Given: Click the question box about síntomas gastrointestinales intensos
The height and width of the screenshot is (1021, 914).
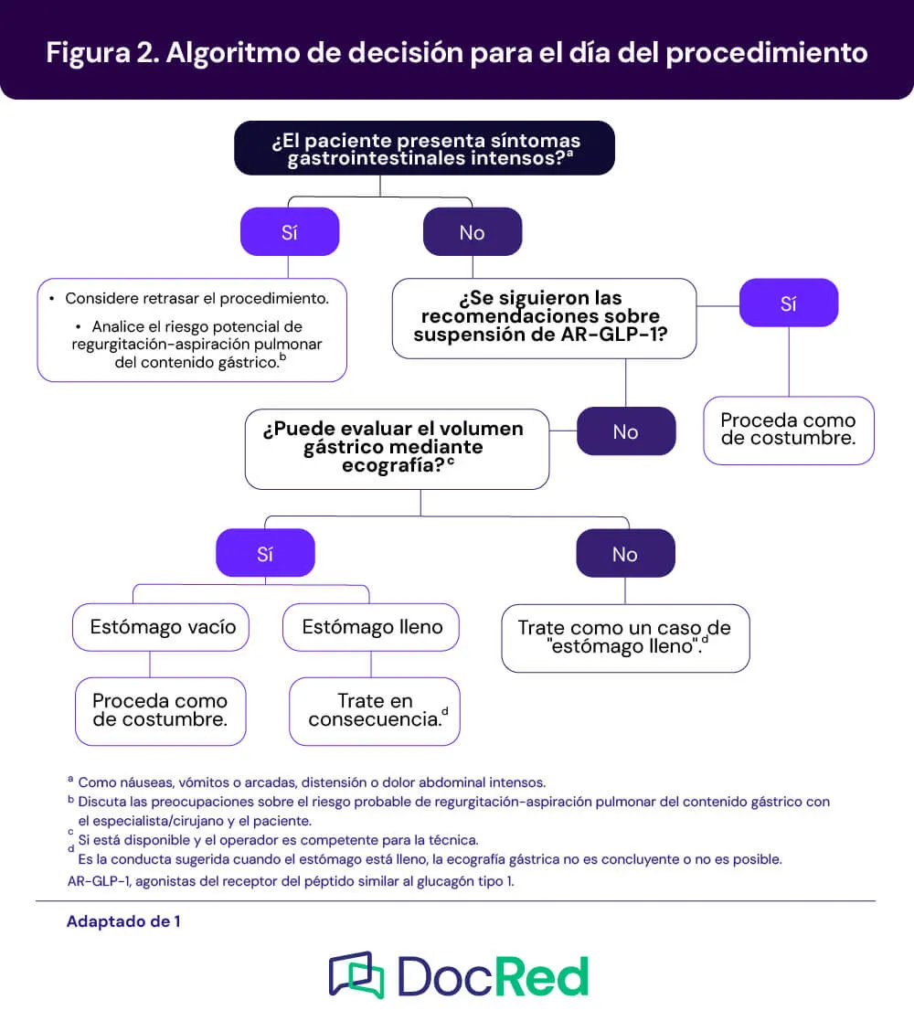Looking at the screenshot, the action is point(424,148).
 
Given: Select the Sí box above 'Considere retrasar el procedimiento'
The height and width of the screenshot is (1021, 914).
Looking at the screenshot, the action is point(290,232).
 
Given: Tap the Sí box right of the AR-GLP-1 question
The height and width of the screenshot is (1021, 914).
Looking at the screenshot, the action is point(789,303).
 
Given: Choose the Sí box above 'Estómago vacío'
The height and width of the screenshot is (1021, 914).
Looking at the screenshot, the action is point(265,553).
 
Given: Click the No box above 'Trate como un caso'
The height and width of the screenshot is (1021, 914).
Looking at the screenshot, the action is point(625,553).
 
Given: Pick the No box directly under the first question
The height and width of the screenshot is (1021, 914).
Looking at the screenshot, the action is point(472,232).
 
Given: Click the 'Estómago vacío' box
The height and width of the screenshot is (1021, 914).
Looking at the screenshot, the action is point(161,627).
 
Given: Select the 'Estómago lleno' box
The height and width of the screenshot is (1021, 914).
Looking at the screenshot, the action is point(371,627).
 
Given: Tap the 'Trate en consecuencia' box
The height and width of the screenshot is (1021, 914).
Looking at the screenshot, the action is point(375,711).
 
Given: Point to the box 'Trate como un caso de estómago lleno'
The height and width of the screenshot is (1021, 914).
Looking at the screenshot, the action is point(625,638).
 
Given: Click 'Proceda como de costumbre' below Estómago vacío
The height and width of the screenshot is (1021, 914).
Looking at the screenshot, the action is point(161,711).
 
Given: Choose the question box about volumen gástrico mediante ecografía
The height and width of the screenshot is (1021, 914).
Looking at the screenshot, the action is point(397,450).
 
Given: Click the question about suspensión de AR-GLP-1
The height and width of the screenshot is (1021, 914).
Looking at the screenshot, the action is point(544,318).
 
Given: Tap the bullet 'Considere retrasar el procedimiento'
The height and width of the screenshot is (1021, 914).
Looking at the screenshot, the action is point(197,298).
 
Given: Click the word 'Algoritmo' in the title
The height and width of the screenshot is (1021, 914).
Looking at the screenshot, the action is point(232,53).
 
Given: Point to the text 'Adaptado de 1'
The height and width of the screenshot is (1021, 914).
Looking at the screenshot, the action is point(123,921).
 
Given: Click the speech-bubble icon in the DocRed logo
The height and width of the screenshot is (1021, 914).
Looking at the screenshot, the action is point(356,975).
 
